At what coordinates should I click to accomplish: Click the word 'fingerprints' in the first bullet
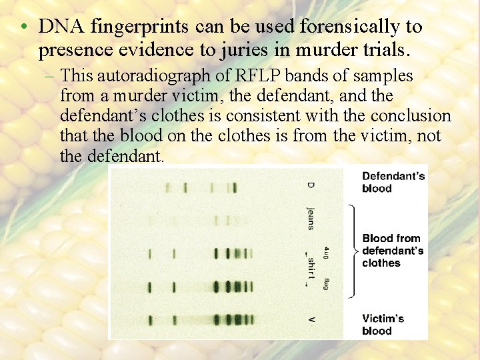pos(137,27)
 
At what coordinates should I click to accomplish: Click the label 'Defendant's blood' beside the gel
pos(393,182)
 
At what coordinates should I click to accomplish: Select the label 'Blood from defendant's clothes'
pos(393,251)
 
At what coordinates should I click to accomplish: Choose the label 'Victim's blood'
pos(383,325)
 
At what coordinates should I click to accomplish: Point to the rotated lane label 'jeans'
pos(310,217)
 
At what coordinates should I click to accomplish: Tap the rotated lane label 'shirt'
pos(311,268)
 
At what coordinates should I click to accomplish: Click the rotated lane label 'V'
pos(311,320)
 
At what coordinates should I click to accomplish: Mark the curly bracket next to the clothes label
pos(352,251)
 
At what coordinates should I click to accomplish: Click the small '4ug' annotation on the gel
pos(326,253)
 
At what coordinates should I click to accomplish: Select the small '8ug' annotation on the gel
pos(327,283)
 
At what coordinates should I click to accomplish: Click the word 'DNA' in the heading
pos(61,27)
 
